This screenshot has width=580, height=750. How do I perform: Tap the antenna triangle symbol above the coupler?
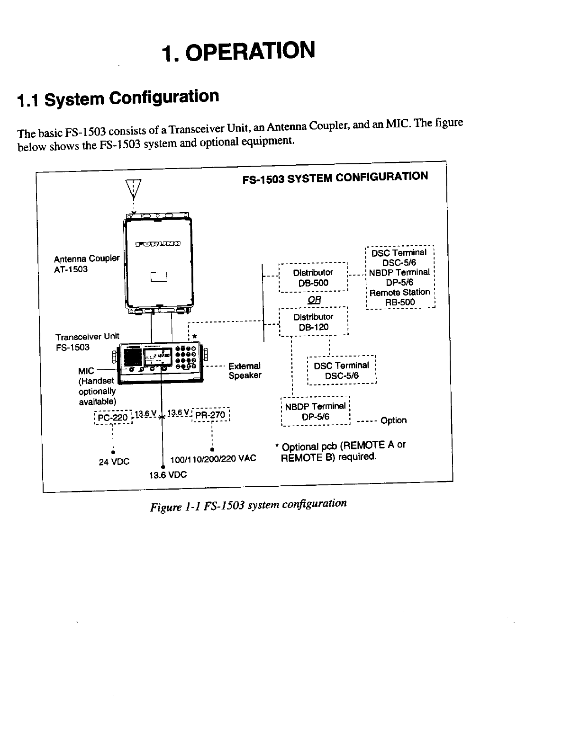click(134, 189)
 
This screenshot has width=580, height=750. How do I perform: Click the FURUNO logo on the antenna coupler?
click(158, 244)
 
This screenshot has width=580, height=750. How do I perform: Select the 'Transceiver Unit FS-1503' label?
click(87, 341)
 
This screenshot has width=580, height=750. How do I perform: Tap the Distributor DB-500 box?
click(313, 278)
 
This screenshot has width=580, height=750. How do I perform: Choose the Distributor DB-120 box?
click(314, 322)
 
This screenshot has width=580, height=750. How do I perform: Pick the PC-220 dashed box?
click(113, 417)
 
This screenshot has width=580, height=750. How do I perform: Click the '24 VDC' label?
click(114, 462)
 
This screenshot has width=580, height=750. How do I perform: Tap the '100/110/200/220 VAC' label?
click(213, 458)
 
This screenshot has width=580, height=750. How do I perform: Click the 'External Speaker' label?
click(245, 371)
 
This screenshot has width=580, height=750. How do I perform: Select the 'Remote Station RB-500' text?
click(400, 297)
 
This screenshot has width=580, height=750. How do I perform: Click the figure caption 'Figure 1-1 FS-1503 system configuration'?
click(248, 505)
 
